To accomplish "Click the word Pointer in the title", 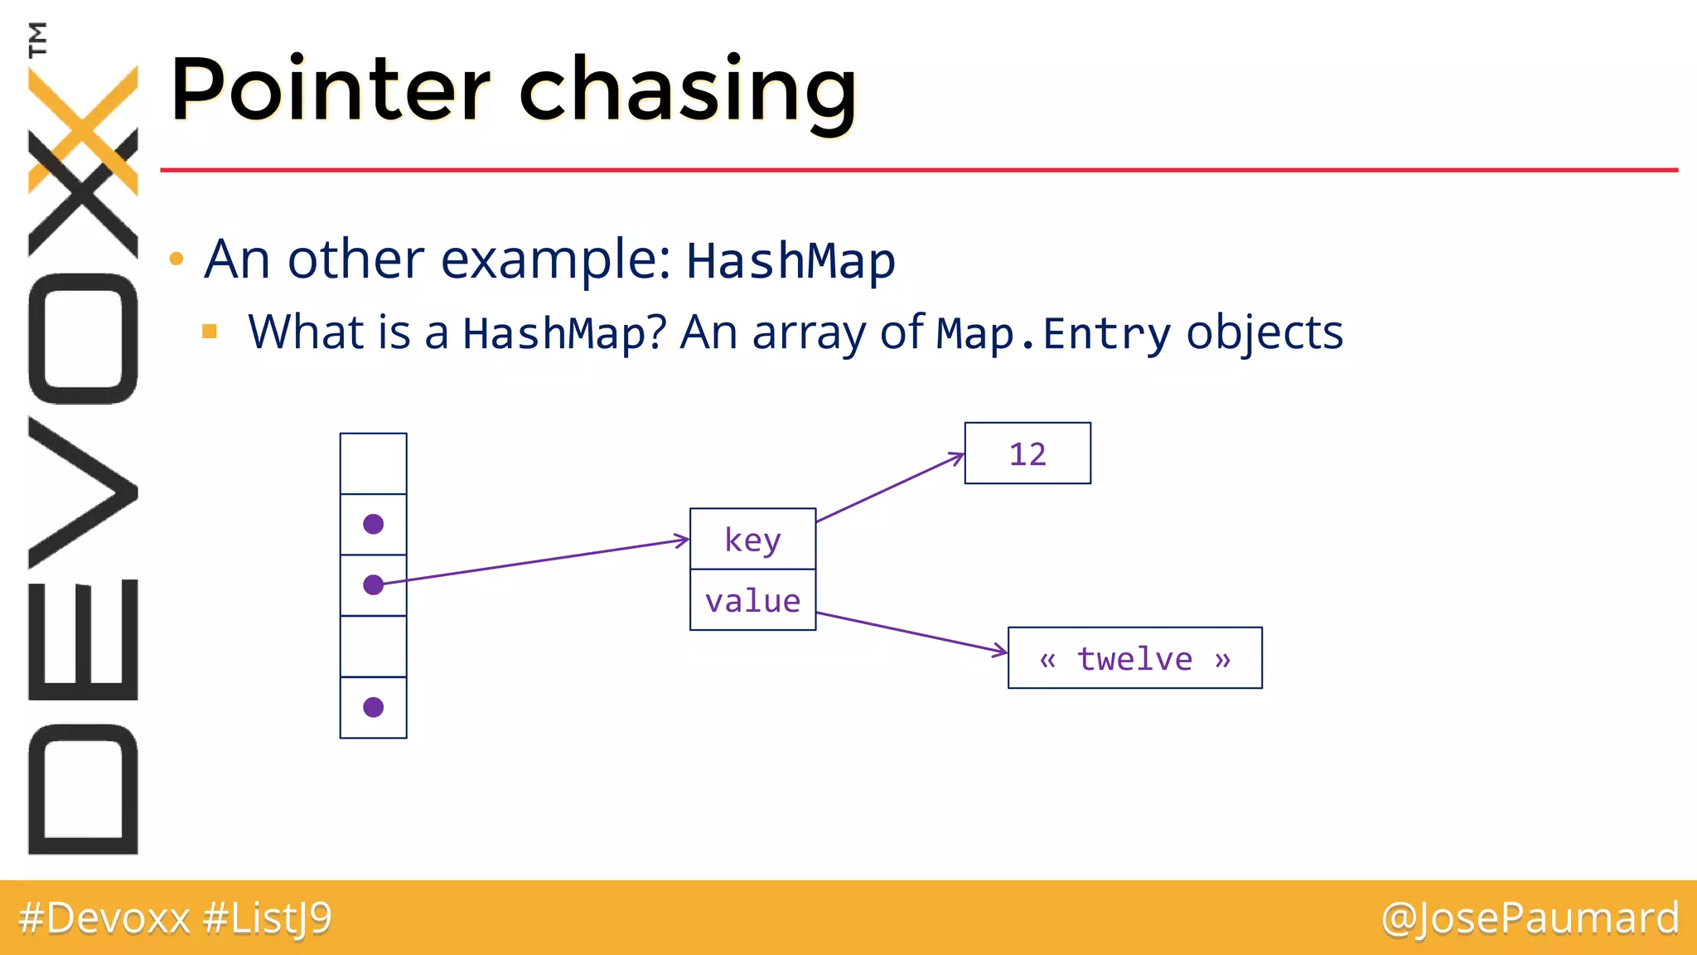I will coord(330,90).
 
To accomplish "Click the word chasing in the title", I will coord(687,91).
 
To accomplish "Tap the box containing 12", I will coord(1027,453).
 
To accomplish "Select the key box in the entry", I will coord(752,539).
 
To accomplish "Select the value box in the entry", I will coord(752,600).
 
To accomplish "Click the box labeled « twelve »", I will coord(1134,658).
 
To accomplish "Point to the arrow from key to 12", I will coord(891,488).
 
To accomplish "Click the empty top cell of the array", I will coord(373,463).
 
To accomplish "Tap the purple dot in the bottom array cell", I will coord(373,707).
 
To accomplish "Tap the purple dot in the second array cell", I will coord(373,524).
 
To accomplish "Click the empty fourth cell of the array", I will coord(373,647).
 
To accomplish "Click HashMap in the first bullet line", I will coord(790,260).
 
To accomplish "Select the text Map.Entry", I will coord(1053,333).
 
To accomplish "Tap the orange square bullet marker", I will coord(210,332).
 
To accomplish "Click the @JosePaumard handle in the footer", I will coord(1530,918).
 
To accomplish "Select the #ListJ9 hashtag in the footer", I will coord(267,918).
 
